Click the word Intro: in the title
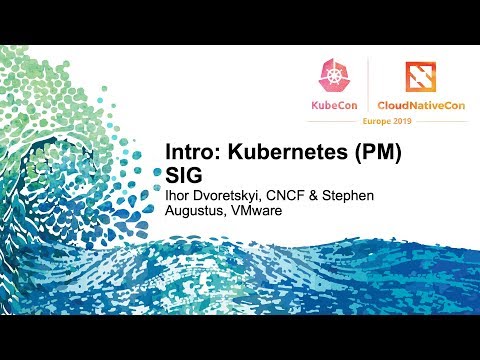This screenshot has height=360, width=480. pos(191,155)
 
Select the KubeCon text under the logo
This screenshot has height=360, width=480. pos(332,105)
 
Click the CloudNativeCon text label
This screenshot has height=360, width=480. pos(423,105)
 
